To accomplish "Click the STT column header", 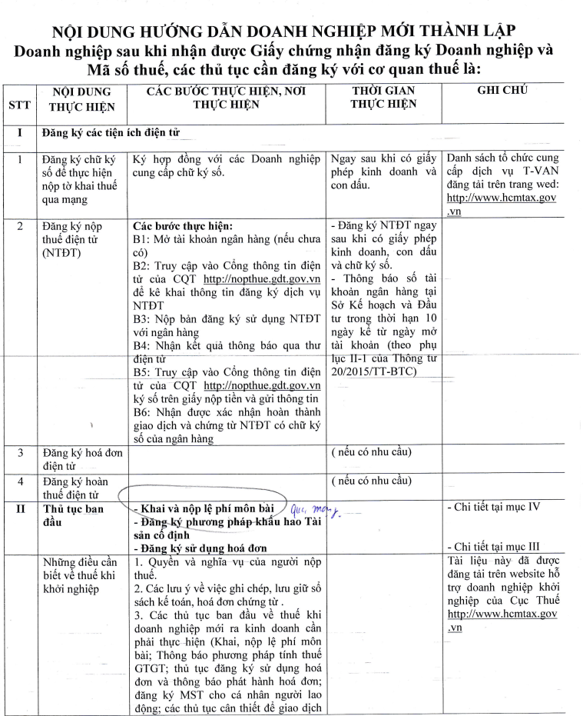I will coord(20,106).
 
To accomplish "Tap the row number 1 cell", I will coord(20,161).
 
